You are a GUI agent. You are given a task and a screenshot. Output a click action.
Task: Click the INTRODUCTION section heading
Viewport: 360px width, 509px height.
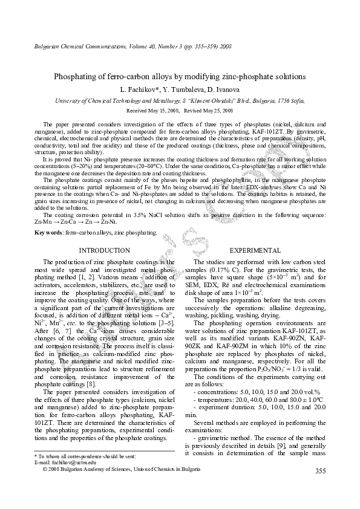click(105, 250)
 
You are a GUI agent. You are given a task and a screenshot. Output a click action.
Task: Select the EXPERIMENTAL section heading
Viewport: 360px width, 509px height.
click(255, 250)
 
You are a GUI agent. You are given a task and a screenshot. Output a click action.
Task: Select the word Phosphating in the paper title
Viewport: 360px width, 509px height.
click(77, 77)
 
